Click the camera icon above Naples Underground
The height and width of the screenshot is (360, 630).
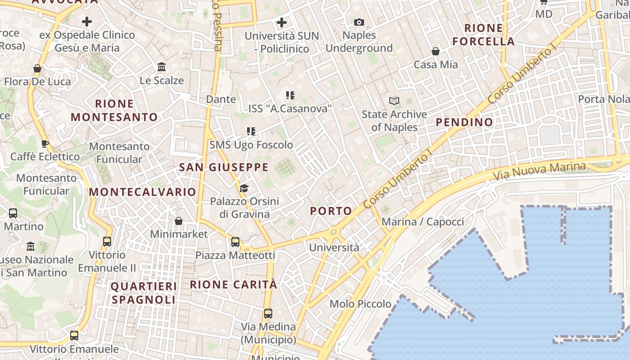point(359,22)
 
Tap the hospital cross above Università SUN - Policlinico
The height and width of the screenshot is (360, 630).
point(282,22)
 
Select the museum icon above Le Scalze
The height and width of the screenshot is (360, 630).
point(162,67)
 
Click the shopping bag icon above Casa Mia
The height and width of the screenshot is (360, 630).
point(435,51)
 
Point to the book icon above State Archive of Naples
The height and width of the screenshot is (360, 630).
point(394,101)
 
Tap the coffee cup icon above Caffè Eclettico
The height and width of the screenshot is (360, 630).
point(45,144)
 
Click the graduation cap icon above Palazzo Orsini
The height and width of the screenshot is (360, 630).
point(244,188)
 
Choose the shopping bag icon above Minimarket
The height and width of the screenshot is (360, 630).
point(179,221)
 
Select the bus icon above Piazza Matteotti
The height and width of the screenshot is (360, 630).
point(235,242)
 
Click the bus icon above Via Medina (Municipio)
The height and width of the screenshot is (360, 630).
point(268,314)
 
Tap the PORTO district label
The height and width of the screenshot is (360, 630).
point(331,211)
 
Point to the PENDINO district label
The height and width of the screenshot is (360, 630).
point(464,122)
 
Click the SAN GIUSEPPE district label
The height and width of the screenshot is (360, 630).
point(224,167)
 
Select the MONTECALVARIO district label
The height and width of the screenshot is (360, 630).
point(142,192)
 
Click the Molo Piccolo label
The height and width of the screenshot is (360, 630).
point(360,304)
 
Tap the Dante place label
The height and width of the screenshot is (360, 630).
point(220,99)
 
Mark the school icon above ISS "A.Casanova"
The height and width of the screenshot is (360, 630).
point(290,95)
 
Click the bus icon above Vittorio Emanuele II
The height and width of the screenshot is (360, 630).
point(107,242)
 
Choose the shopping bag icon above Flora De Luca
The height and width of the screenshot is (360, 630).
point(37,68)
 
